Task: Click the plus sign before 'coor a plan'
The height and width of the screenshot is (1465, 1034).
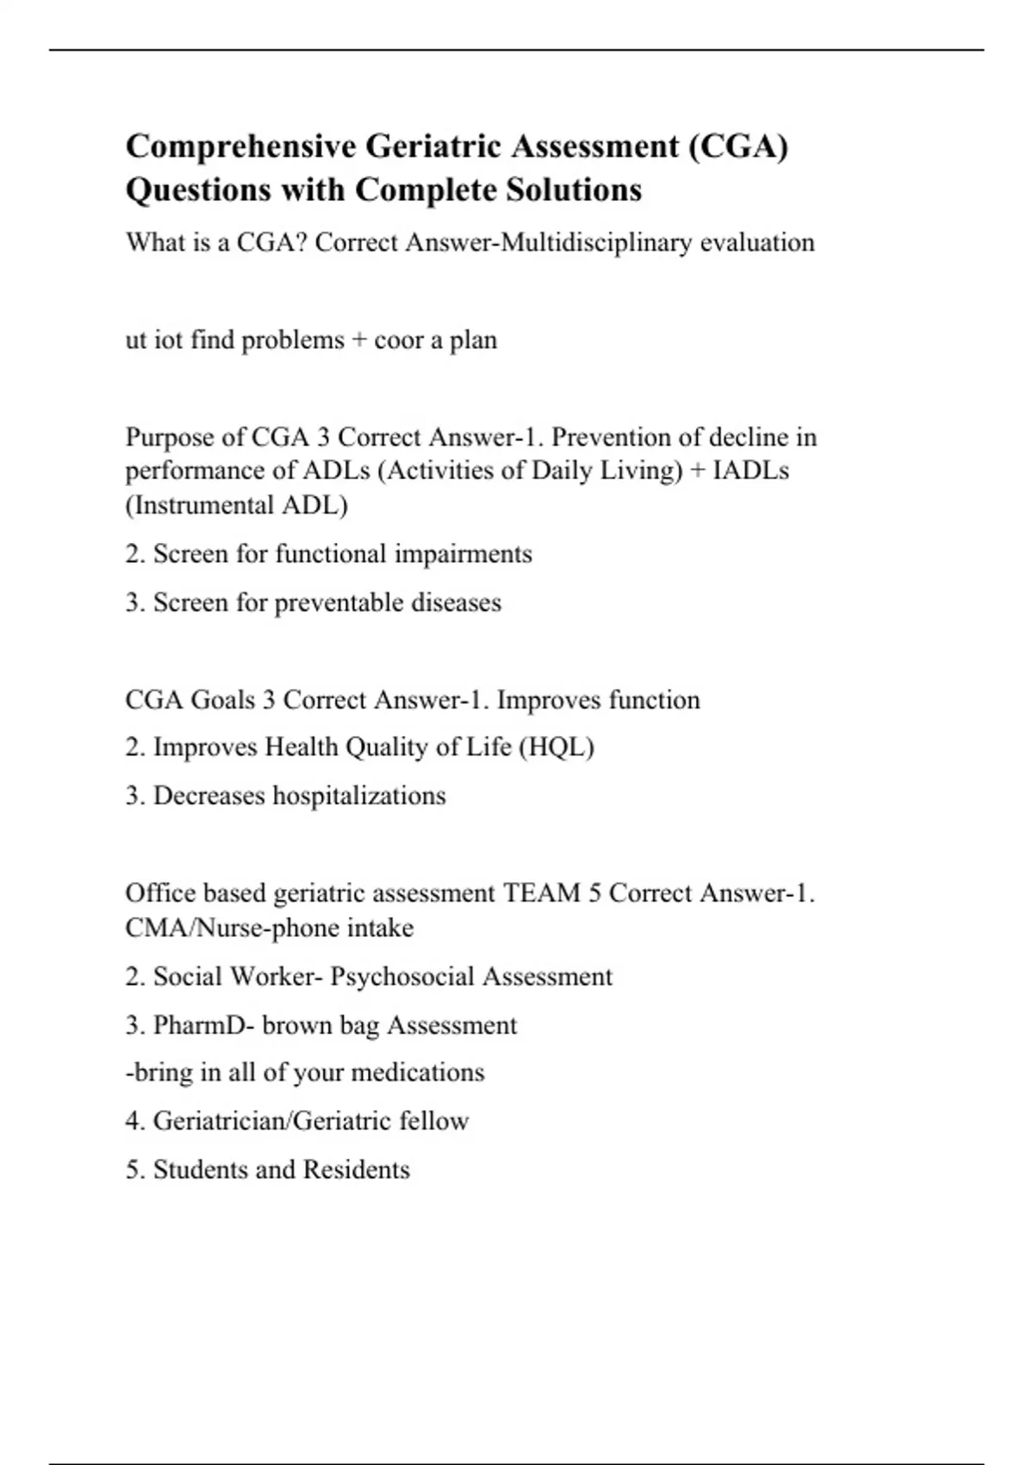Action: [x=359, y=340]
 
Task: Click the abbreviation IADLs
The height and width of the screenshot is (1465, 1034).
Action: [x=751, y=471]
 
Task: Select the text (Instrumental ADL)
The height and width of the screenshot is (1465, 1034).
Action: [x=236, y=505]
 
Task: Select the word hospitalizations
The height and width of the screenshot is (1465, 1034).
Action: [x=359, y=795]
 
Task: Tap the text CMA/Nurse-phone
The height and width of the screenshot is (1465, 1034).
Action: [x=232, y=928]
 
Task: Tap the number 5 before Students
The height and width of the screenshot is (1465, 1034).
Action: [x=131, y=1170]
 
